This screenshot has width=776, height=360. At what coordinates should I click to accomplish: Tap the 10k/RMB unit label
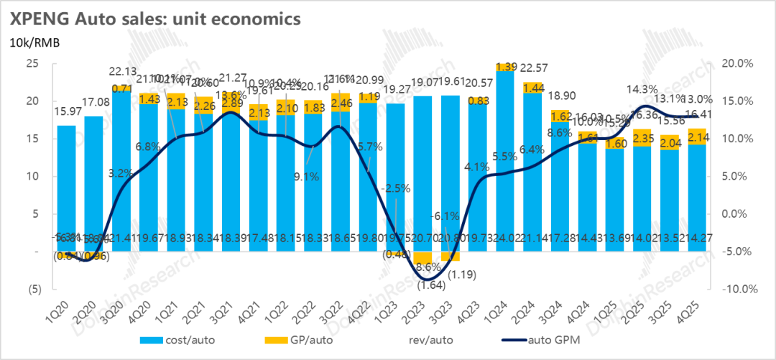click(34, 42)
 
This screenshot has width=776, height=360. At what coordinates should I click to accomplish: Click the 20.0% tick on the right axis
click(736, 63)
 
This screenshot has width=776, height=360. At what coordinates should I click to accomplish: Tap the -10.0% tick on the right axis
click(734, 290)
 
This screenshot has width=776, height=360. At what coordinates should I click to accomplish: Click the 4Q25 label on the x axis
click(692, 310)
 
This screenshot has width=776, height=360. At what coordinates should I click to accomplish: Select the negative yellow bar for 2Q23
click(423, 258)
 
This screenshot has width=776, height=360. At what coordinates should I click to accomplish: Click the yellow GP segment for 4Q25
click(697, 137)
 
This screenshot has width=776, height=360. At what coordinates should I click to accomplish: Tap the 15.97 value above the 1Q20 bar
click(67, 112)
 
